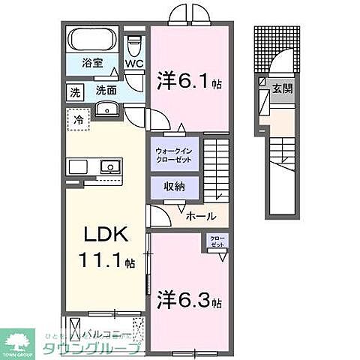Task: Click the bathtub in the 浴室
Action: point(91,38)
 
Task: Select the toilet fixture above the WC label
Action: point(133,42)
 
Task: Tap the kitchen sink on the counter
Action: point(107,165)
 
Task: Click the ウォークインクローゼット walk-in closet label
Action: point(176,151)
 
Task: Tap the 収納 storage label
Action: point(175,186)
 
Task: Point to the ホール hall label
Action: point(201,216)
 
